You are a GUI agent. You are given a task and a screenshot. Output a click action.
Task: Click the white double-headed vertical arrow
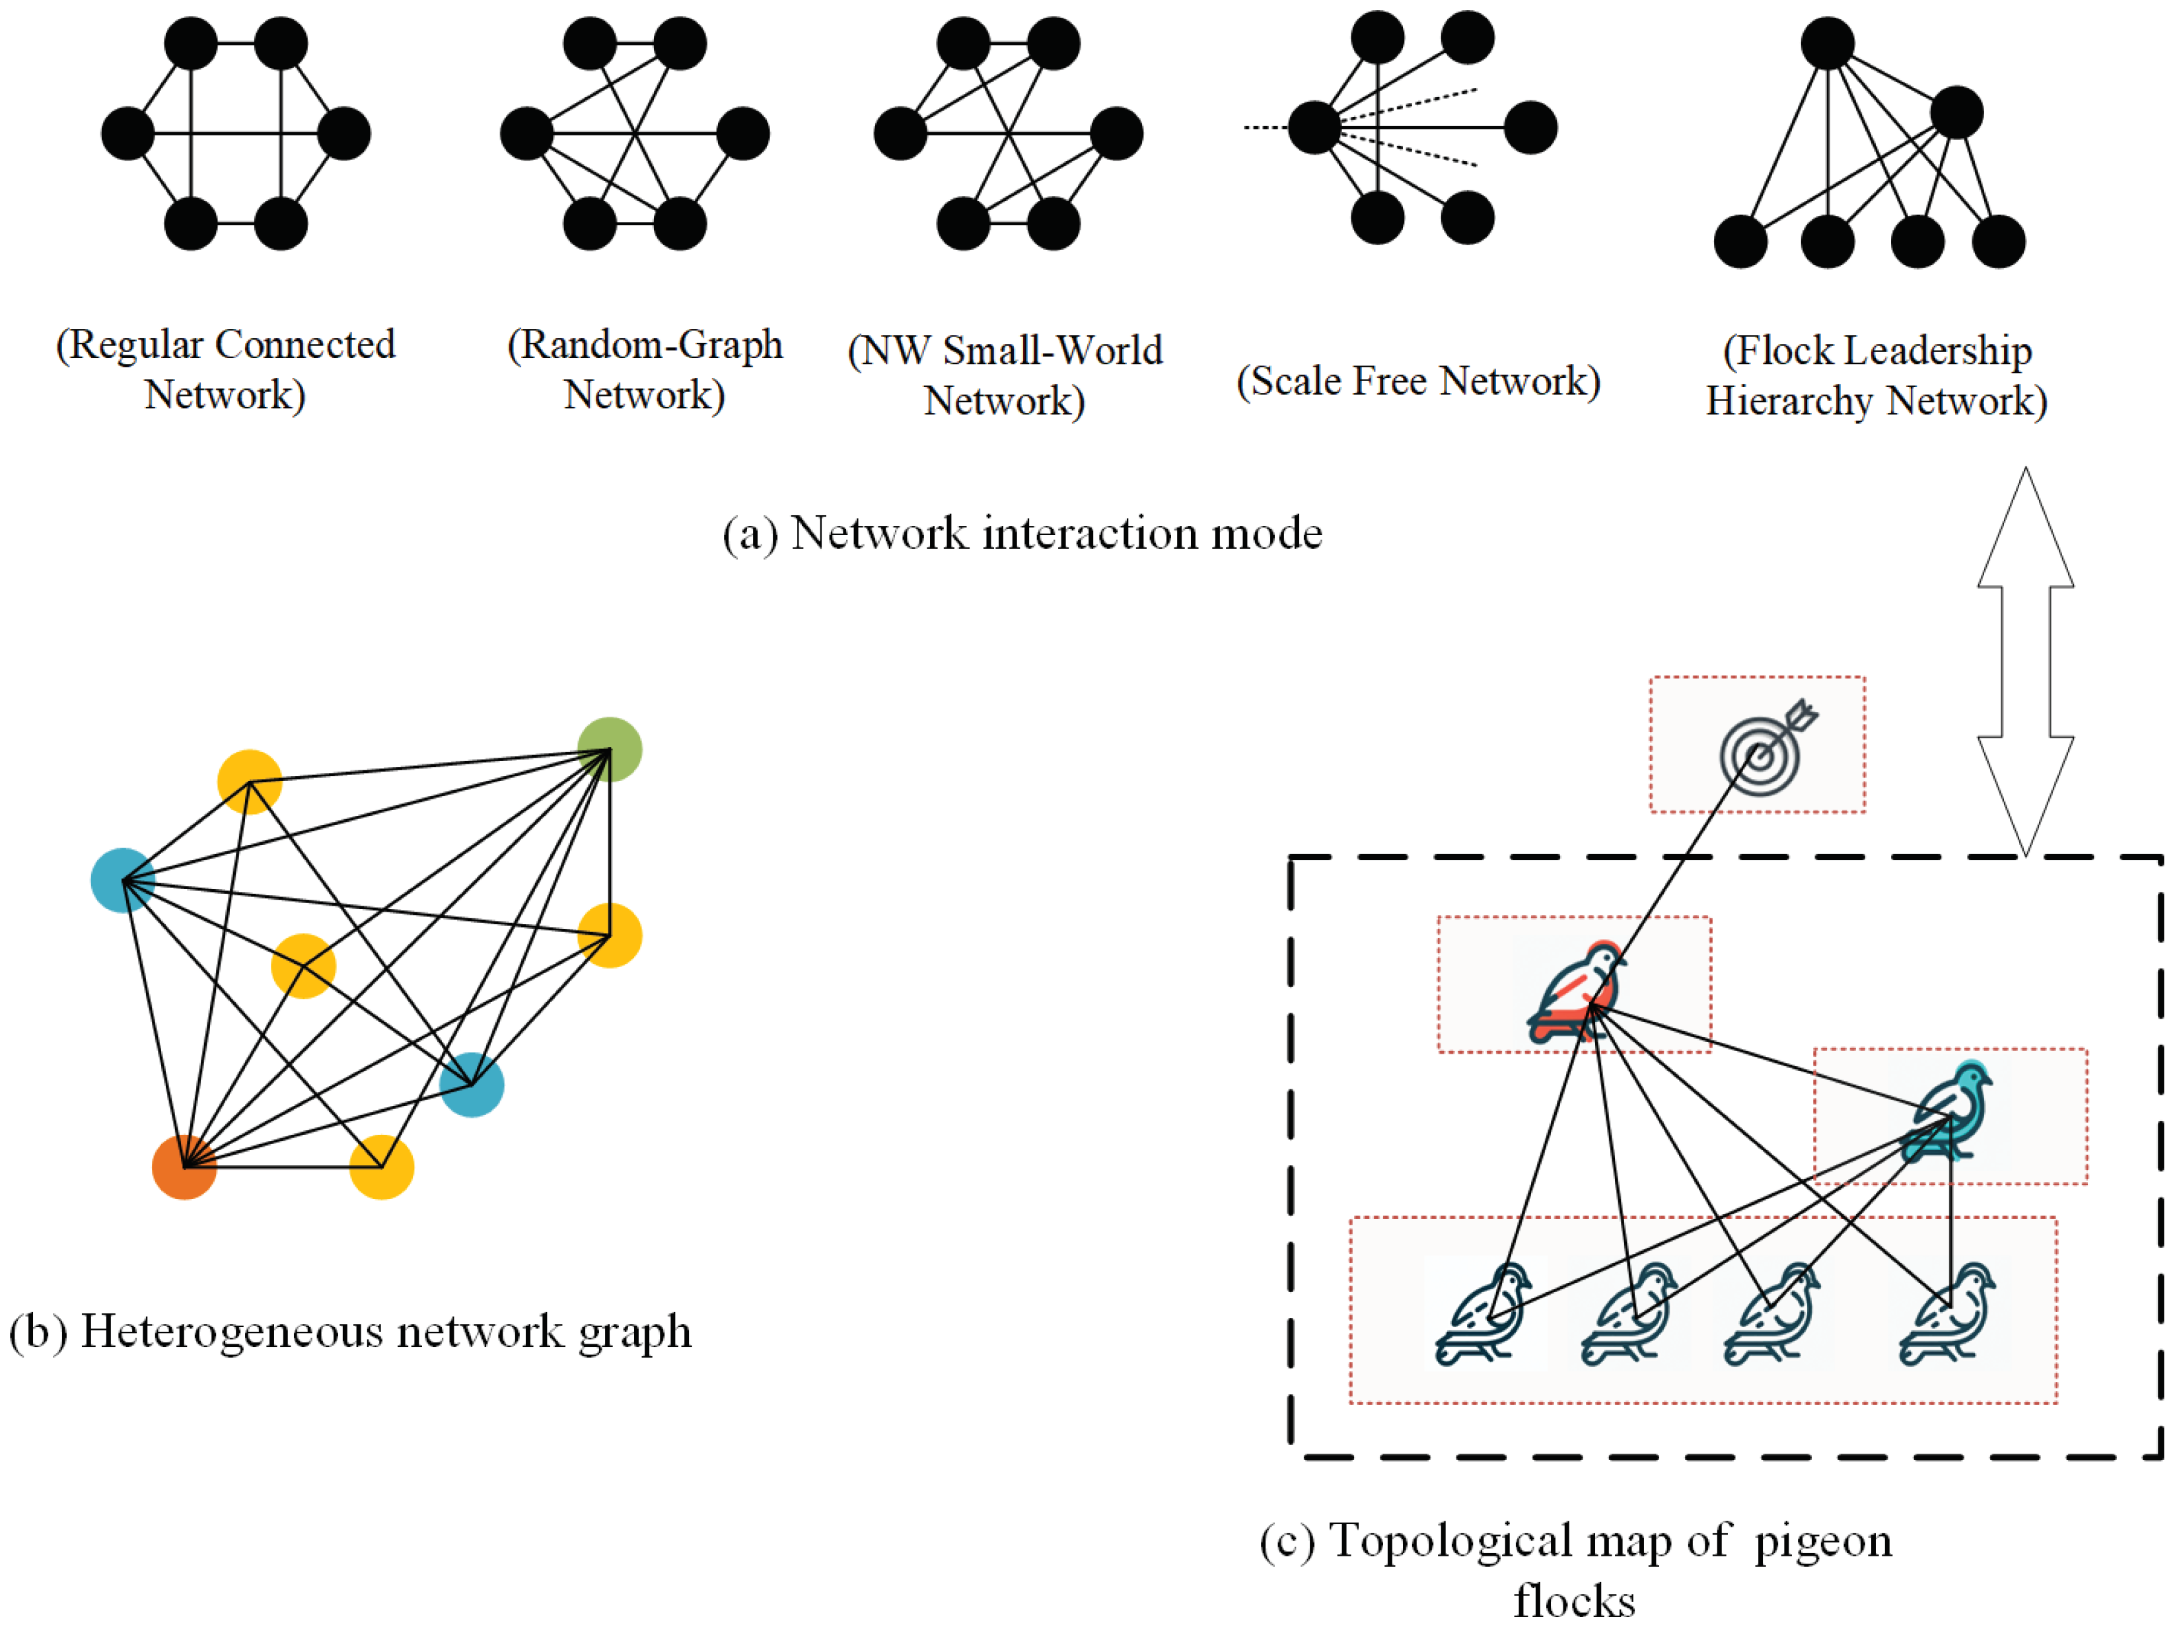[2025, 661]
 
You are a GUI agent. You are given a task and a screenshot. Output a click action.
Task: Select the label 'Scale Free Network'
[1419, 381]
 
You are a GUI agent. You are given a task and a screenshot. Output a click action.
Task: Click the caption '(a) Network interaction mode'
[1022, 534]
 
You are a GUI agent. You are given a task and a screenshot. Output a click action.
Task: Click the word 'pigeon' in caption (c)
[1822, 1541]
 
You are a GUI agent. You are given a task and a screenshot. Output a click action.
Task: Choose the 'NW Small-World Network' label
[1005, 375]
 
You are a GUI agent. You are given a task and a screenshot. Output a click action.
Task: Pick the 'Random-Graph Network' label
[645, 369]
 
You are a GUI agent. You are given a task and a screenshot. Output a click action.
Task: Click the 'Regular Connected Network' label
[226, 369]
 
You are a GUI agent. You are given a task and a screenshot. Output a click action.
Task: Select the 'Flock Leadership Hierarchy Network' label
[1876, 375]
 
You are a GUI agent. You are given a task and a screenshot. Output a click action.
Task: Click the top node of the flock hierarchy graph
[1828, 44]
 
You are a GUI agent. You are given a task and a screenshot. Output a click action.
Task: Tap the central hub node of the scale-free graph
[1314, 127]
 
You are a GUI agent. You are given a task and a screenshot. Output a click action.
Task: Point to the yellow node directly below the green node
[610, 935]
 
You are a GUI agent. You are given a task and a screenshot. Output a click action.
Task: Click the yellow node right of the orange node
[381, 1167]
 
